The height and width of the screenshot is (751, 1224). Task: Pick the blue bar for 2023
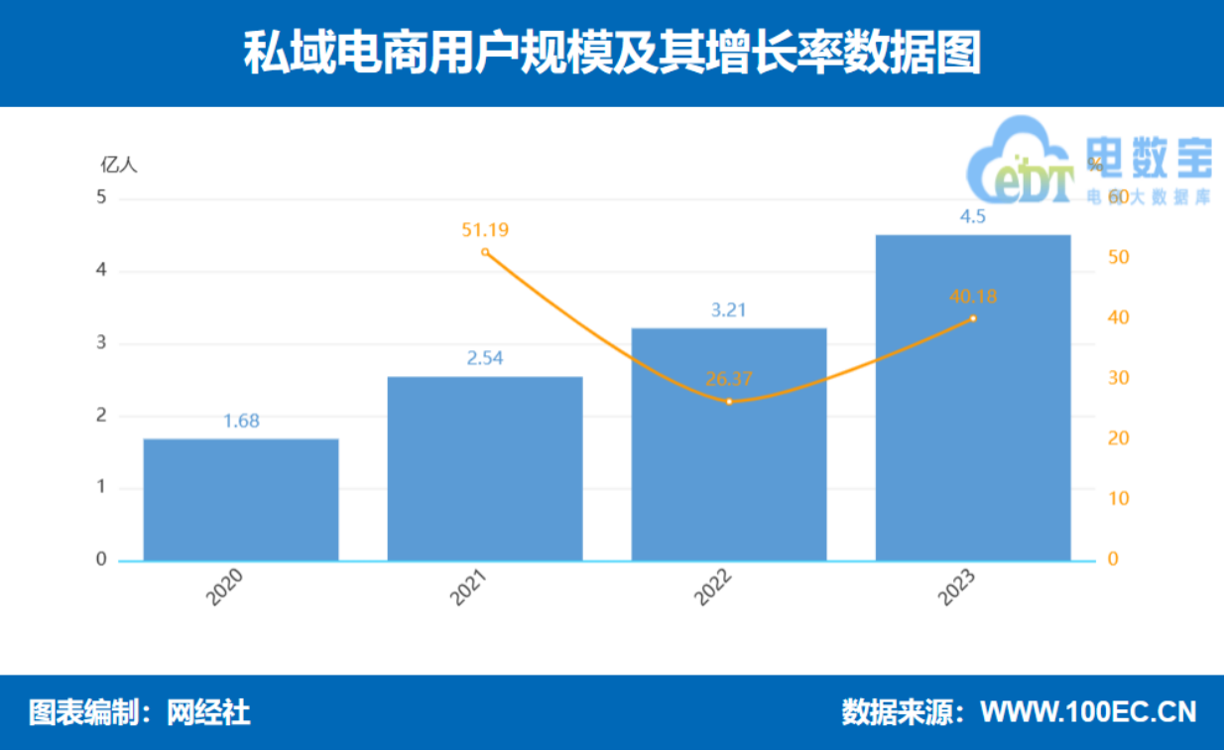coord(973,397)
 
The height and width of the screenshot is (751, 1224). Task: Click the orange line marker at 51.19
coord(485,252)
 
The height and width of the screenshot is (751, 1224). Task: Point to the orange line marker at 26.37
coord(729,402)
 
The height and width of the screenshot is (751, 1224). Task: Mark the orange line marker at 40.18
coord(973,318)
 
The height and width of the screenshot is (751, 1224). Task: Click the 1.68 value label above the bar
coord(241,421)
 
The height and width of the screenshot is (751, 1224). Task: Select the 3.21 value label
coord(729,310)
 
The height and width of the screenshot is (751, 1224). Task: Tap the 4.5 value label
coord(973,217)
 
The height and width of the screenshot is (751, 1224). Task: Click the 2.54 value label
coord(485,358)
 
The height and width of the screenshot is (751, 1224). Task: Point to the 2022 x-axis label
coord(714,588)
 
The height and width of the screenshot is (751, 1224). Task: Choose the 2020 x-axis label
coord(226,588)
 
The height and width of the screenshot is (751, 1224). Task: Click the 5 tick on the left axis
coord(101,198)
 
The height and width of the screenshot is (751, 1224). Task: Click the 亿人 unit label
coord(119,165)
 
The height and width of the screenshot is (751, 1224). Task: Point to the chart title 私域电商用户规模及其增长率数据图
coord(612,55)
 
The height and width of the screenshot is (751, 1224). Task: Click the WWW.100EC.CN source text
coord(1088,712)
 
